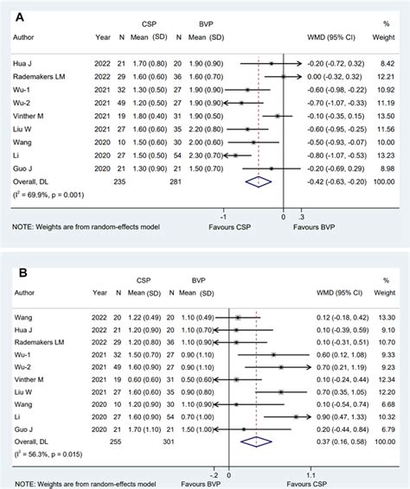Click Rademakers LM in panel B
[42, 343]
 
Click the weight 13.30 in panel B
[386, 318]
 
